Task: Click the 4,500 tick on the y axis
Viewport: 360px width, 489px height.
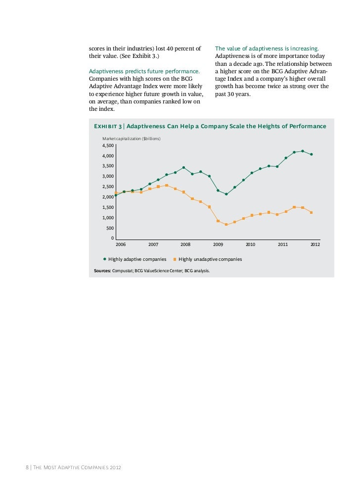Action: click(107, 146)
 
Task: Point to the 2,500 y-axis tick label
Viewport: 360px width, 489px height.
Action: click(107, 187)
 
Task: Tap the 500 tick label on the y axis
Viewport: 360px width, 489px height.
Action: click(109, 228)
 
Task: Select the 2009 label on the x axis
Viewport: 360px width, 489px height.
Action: click(218, 244)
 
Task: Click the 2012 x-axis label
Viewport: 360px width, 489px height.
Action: click(315, 244)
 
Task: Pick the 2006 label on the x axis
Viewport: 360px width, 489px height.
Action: click(121, 244)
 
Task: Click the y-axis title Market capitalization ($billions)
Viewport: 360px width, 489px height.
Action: click(132, 138)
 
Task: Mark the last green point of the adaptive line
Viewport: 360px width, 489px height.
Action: click(311, 154)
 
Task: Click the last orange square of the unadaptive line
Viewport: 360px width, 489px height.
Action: click(311, 213)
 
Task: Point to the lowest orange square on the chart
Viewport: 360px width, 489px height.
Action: click(226, 225)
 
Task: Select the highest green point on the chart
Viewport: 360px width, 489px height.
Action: click(303, 151)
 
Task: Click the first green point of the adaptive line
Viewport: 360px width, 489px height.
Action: click(116, 195)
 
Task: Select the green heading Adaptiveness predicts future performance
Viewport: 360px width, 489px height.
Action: click(144, 72)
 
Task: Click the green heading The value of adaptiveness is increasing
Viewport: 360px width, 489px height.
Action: click(267, 49)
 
